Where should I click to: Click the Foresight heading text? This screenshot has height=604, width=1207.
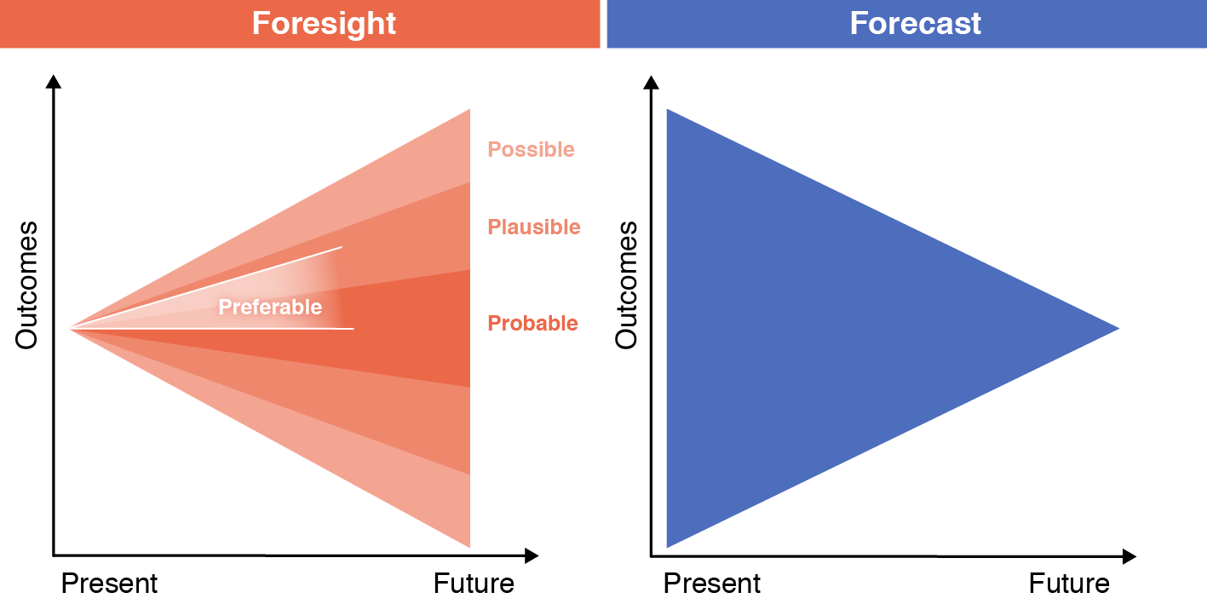[x=324, y=24]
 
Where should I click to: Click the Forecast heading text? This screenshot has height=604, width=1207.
[x=916, y=23]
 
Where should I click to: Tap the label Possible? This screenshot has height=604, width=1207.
[x=531, y=149]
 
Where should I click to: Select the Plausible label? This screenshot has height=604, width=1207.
[x=534, y=227]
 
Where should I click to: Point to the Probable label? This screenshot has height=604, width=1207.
[x=532, y=323]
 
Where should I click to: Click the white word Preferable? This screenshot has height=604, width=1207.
[x=270, y=308]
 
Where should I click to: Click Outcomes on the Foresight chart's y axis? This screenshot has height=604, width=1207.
[x=27, y=285]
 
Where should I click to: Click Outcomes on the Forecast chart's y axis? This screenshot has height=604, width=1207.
[x=626, y=285]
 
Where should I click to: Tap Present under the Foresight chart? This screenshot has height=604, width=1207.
[x=109, y=583]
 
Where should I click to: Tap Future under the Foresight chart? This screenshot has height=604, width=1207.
[x=474, y=583]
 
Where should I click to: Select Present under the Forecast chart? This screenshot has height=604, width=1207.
[x=712, y=583]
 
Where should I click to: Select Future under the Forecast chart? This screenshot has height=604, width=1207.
[x=1069, y=583]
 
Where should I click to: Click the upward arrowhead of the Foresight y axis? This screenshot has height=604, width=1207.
[x=54, y=82]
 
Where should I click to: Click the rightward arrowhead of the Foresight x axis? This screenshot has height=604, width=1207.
[x=532, y=555]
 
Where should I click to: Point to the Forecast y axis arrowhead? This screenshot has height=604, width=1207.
[x=651, y=82]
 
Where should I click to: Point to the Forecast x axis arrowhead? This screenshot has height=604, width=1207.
[x=1129, y=556]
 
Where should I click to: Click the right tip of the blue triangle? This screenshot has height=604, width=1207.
[x=1119, y=328]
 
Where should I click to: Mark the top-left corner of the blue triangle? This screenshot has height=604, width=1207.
[x=667, y=109]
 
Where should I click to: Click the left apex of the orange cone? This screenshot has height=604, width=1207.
[x=70, y=328]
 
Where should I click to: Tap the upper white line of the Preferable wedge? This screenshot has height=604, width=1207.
[x=206, y=288]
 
